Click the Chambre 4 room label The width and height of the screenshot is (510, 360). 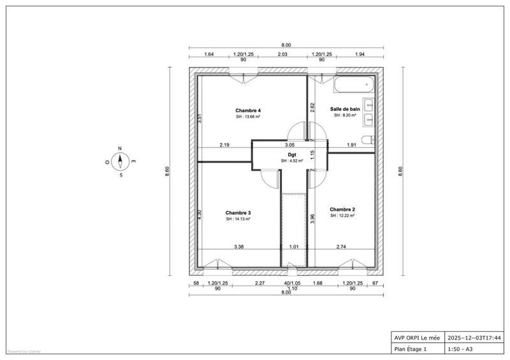[x=248, y=111]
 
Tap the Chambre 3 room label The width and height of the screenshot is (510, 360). [x=238, y=213]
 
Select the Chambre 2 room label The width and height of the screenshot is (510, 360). [x=342, y=209]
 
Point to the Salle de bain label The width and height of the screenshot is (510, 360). [x=345, y=110]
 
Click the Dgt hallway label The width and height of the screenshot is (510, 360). [x=291, y=154]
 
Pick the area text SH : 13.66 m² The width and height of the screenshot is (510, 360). [x=248, y=117]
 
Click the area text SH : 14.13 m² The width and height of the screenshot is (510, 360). [x=238, y=219]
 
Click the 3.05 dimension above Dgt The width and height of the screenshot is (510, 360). [x=290, y=145]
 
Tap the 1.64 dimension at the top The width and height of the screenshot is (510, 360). [x=208, y=55]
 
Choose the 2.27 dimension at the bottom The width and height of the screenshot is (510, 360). [x=260, y=283]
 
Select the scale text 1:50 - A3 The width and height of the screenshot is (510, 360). [x=463, y=349]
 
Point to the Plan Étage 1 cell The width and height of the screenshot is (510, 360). [x=411, y=349]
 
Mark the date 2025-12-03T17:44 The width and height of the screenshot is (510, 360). [x=474, y=338]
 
